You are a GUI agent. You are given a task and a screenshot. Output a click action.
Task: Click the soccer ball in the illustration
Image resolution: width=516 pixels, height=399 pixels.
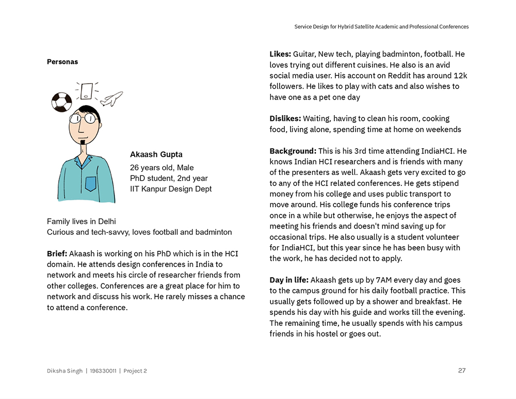[x=61, y=102]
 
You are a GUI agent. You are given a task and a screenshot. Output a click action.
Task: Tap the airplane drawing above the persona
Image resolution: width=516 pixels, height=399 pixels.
[x=111, y=99]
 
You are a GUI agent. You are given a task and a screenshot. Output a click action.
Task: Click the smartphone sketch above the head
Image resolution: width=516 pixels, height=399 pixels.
[x=86, y=91]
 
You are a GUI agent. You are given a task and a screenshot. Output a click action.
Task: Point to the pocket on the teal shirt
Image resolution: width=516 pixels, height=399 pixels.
[x=91, y=183]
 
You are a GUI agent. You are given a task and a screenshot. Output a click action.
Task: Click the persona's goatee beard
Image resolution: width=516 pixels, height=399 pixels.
[x=82, y=141]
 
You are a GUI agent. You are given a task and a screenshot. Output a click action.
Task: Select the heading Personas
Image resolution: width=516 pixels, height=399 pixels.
[x=62, y=62]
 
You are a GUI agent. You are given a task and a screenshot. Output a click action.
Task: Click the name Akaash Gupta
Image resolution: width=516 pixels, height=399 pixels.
[x=156, y=154]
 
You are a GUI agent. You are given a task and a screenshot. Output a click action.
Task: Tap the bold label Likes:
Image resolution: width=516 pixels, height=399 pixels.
[x=280, y=54]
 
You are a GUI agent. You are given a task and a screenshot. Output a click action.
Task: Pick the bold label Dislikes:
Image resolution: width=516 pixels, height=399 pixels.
[x=285, y=118]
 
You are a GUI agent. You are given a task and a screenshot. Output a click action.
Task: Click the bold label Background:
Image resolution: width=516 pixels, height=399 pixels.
[x=293, y=151]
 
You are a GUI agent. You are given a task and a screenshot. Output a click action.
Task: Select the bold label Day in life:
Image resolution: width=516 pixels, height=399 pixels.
[x=289, y=280]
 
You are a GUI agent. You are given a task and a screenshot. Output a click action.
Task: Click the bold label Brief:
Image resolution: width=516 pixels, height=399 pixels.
[x=57, y=253]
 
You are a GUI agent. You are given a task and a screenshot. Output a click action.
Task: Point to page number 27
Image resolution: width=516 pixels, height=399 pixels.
[x=462, y=370]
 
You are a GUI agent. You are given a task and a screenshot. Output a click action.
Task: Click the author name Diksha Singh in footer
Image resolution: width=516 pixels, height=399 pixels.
[x=64, y=371]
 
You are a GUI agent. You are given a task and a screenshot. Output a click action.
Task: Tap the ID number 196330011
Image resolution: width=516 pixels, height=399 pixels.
[x=103, y=371]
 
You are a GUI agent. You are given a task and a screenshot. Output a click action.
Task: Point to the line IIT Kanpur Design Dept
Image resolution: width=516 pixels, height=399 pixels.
[x=171, y=189]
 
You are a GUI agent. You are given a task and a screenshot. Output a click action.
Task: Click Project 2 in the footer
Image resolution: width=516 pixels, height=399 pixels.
[x=135, y=371]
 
